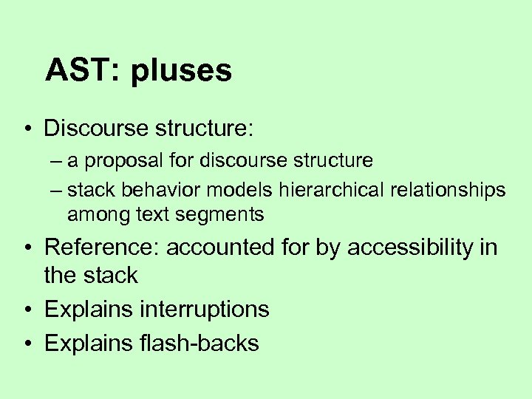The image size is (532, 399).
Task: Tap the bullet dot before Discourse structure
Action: pyautogui.click(x=26, y=129)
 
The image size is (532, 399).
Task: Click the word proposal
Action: pyautogui.click(x=120, y=161)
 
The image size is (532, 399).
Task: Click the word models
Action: pyautogui.click(x=241, y=190)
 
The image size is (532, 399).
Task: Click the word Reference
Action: pyautogui.click(x=102, y=248)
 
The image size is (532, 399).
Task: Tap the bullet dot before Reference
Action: pyautogui.click(x=26, y=248)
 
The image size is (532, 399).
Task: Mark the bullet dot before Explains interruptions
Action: pyautogui.click(x=26, y=310)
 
